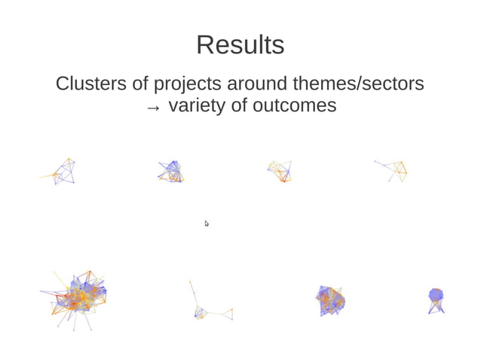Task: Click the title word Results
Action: point(240,45)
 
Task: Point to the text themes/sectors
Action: point(361,83)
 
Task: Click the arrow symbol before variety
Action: point(153,108)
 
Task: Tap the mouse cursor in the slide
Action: point(207,224)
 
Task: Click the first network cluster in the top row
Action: point(63,172)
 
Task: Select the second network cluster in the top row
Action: point(171,172)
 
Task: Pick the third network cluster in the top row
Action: point(280,171)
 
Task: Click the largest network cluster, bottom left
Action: point(75,297)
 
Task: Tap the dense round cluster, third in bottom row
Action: point(329,301)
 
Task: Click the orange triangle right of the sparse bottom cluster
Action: point(227,313)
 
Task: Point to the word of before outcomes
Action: point(238,106)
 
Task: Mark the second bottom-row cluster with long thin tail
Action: point(201,310)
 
